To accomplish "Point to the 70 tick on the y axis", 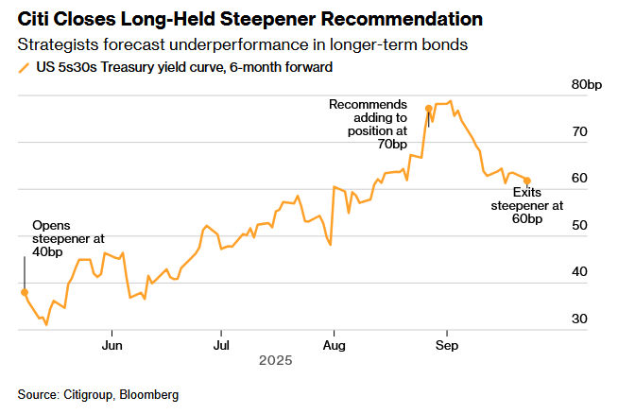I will [x=579, y=132].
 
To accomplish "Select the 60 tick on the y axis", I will [x=579, y=179].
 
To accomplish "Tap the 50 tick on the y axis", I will [x=579, y=226].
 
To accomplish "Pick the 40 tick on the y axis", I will [x=579, y=272].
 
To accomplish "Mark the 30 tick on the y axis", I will [x=579, y=319].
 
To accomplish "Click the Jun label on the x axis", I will [x=112, y=344].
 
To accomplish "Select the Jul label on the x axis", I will [x=220, y=344].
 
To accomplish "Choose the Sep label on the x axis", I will [x=447, y=344].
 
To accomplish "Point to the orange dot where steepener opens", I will [x=25, y=292].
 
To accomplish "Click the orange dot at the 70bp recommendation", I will [x=429, y=109].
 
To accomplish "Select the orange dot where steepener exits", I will [x=527, y=181].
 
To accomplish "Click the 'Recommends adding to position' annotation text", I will [x=368, y=117].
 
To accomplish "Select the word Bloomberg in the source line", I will [x=148, y=394].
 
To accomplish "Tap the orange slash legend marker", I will [x=23, y=67].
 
